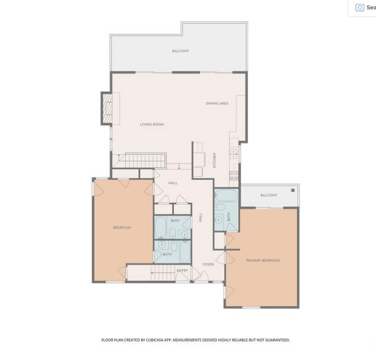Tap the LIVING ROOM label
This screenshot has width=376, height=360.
pos(152,125)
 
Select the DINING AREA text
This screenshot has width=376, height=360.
pos(217,103)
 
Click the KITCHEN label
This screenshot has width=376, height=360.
pos(214,160)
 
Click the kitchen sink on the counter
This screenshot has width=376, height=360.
pos(234,155)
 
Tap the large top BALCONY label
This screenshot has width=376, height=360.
pos(179,51)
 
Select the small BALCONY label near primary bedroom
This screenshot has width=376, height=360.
pos(269,195)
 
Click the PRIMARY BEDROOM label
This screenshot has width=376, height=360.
pos(263,261)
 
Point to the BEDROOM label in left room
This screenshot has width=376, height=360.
pos(122,228)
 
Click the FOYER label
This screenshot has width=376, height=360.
pos(208,264)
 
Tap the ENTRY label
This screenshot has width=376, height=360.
pos(182,271)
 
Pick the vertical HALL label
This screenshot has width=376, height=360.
pos(201,217)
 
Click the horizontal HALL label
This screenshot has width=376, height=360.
pos(173,182)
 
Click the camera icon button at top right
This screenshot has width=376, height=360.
pos(359,8)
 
